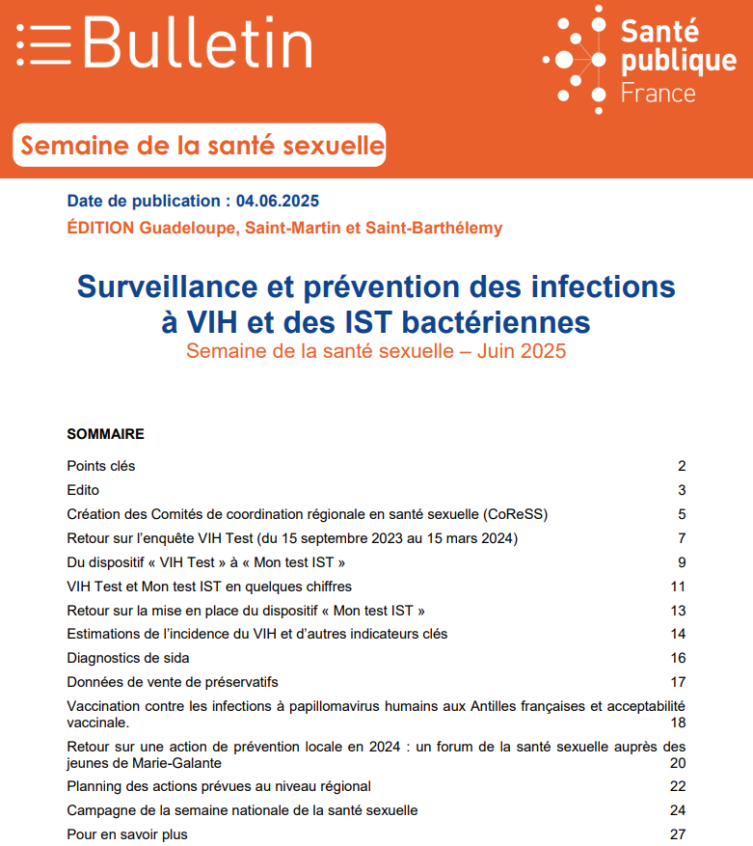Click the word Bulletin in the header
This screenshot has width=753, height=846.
click(x=198, y=43)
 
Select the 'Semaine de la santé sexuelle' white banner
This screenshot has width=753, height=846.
click(x=201, y=147)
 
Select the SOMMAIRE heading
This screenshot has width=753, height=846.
click(x=105, y=434)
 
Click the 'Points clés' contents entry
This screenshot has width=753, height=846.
click(x=101, y=466)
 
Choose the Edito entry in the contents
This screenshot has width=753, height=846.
click(x=83, y=490)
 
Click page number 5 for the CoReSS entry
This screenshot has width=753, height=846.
click(x=681, y=514)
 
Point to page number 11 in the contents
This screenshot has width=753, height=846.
click(x=678, y=587)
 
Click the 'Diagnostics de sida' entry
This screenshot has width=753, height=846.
click(x=128, y=658)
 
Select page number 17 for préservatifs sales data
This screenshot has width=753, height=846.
click(x=678, y=682)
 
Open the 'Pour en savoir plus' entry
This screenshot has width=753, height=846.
click(x=127, y=833)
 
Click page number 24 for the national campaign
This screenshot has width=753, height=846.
click(x=678, y=810)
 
